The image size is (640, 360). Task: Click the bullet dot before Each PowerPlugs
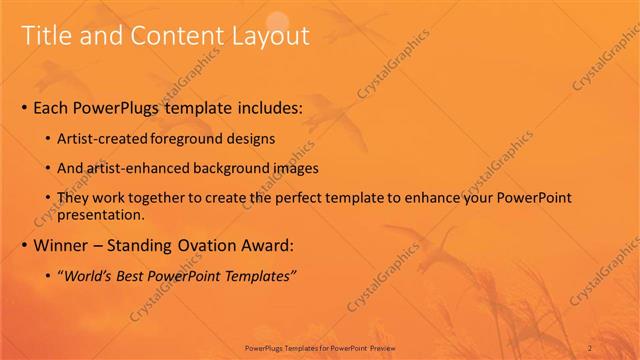tap(24, 108)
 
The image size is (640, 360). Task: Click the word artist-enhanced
tap(136, 168)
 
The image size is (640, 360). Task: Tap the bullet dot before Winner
tap(24, 245)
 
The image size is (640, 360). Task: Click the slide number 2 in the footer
tap(590, 348)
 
